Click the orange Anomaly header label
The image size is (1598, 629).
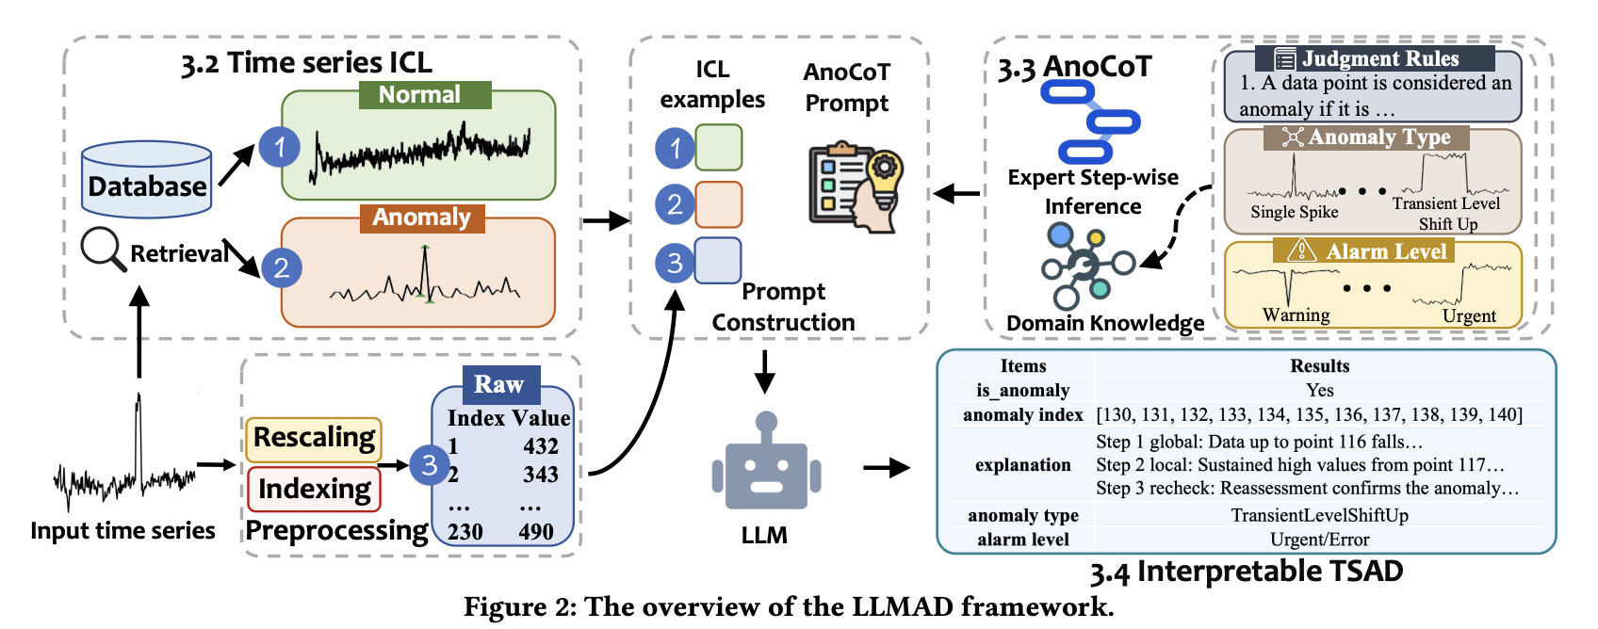[421, 218]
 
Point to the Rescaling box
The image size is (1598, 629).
[314, 439]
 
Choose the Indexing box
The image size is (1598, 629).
[314, 489]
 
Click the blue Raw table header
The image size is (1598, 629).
[500, 384]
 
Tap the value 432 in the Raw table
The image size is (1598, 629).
[541, 446]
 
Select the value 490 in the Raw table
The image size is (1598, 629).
[536, 532]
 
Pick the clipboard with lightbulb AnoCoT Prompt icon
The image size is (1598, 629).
[856, 186]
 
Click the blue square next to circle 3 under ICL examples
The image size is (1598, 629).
[718, 261]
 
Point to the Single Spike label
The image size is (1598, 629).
[1294, 212]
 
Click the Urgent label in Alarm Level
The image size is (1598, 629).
[1468, 316]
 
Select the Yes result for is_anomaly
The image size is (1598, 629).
[1319, 390]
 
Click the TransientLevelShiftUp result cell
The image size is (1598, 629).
[1319, 515]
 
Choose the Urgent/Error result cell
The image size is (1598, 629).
[1319, 540]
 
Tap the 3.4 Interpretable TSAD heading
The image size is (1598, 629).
[1246, 572]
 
